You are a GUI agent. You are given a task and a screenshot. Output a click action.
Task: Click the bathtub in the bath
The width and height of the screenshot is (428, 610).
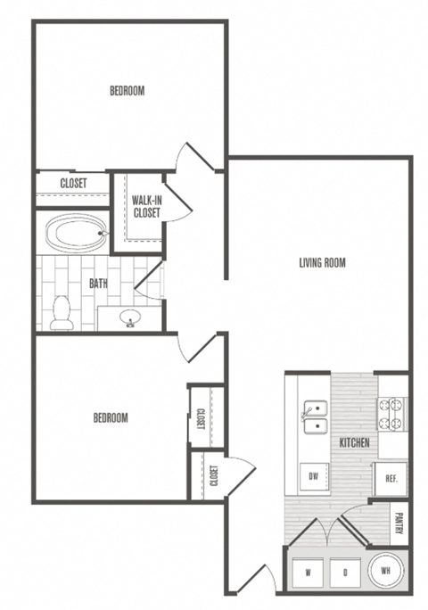click(x=76, y=234)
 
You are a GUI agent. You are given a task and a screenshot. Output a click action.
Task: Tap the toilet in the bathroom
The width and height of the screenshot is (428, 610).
click(x=62, y=311)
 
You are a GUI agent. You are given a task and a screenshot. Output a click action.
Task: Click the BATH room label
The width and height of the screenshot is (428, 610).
click(x=99, y=284)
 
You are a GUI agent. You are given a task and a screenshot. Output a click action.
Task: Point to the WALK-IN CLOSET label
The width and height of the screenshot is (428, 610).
click(x=146, y=206)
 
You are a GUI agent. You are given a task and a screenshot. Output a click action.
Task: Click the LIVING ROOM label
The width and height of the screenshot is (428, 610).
click(x=321, y=262)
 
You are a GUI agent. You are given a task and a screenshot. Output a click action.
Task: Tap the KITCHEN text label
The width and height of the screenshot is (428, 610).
click(x=354, y=442)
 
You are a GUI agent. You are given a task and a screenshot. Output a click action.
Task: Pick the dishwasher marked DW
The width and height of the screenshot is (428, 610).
click(x=313, y=476)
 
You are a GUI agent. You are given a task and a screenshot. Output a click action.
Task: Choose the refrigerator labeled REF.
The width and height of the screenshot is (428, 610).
click(x=391, y=478)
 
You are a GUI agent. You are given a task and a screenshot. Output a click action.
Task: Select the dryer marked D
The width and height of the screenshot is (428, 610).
click(x=343, y=570)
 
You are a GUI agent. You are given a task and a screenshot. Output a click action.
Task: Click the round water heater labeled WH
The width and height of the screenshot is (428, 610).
click(x=384, y=569)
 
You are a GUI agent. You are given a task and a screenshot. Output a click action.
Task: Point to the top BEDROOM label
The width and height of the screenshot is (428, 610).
click(x=127, y=90)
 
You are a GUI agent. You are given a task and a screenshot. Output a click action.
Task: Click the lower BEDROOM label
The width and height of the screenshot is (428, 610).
click(x=111, y=417)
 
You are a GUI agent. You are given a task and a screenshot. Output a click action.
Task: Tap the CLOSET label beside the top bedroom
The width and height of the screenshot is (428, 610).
click(x=73, y=184)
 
